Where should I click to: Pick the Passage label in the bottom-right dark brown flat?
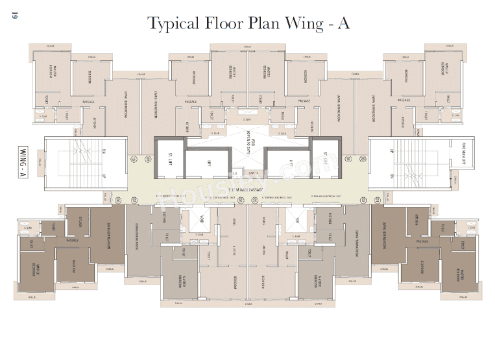pyautogui.click(x=422, y=241)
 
